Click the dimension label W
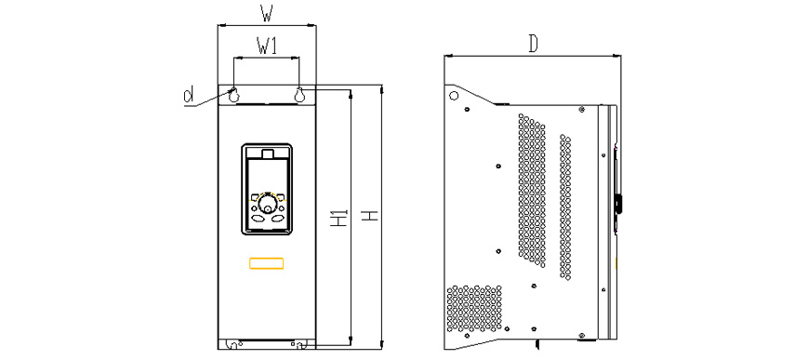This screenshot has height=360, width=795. click(x=267, y=14)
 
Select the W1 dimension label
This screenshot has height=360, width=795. click(x=267, y=47)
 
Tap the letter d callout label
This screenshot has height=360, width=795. click(x=189, y=95)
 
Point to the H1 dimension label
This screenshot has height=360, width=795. click(x=339, y=217)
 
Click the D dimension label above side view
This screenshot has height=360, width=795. click(x=533, y=44)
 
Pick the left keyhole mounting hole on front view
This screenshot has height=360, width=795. click(x=233, y=95)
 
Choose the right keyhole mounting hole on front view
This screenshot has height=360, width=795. click(x=299, y=95)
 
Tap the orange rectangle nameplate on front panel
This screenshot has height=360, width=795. click(x=266, y=263)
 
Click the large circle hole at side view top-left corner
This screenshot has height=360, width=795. click(x=454, y=95)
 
